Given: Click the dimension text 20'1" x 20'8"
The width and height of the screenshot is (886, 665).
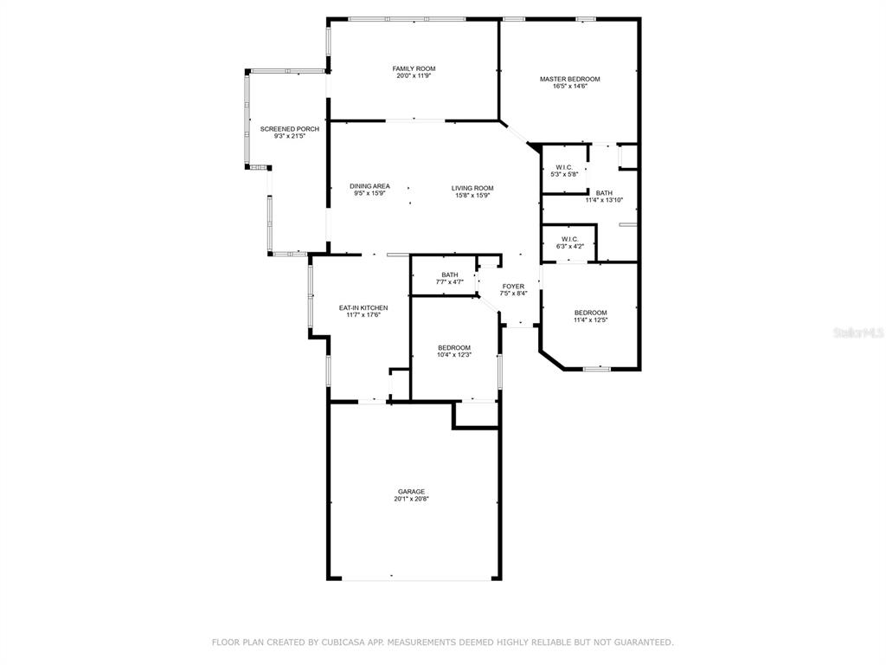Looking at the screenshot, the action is [x=411, y=500].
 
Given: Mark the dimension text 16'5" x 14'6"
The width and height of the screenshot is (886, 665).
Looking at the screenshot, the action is [x=569, y=87].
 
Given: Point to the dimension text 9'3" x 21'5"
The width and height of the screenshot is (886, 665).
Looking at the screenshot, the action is [x=289, y=136].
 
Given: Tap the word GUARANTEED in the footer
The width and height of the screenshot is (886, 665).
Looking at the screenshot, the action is [x=643, y=642].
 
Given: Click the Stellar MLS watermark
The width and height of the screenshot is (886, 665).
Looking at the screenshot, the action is [x=859, y=332].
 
